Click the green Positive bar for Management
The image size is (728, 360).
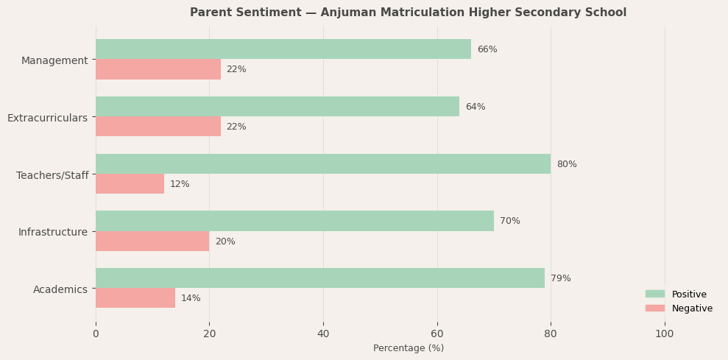[283, 49]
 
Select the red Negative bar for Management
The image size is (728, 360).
[158, 69]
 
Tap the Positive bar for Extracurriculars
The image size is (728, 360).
[278, 107]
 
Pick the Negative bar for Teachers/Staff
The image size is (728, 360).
[130, 184]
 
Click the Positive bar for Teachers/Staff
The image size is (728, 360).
[323, 164]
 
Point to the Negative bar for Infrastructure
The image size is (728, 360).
[152, 241]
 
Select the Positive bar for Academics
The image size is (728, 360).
[320, 278]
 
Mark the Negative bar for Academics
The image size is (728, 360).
[135, 298]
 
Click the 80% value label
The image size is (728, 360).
[567, 164]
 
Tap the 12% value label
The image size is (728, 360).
[180, 184]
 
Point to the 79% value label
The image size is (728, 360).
[561, 278]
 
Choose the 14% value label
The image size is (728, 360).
[191, 298]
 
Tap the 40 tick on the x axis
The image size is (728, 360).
[323, 334]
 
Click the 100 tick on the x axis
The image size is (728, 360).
[665, 334]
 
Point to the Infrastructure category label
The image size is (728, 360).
[53, 232]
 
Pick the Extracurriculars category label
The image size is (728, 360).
[47, 118]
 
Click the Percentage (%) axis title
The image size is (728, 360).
[409, 348]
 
